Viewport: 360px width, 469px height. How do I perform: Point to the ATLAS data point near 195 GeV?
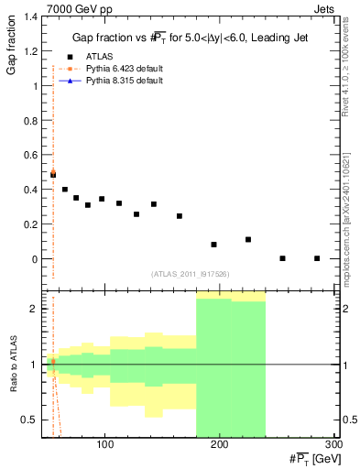tap(213, 245)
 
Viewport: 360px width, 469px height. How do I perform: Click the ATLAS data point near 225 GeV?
tap(248, 239)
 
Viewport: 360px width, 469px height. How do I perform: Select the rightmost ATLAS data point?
tap(316, 258)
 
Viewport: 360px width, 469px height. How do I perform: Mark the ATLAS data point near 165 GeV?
tap(180, 216)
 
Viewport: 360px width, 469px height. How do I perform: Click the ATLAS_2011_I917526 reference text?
tap(191, 273)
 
